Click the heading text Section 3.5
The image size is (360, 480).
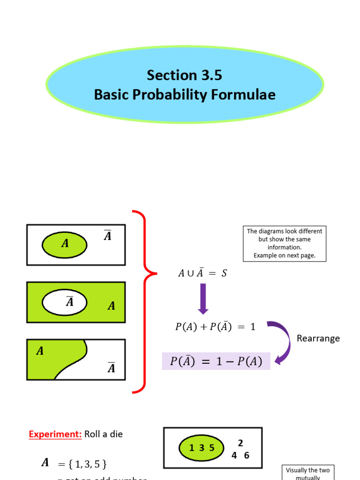(x=184, y=75)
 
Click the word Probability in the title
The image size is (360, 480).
(x=167, y=95)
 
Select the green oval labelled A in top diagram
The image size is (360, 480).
(x=65, y=244)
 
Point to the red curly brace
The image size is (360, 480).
(x=142, y=301)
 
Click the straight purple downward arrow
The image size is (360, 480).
(x=203, y=298)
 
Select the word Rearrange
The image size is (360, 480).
(x=318, y=338)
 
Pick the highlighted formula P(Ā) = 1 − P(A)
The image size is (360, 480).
(x=216, y=361)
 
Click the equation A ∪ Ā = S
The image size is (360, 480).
(x=202, y=273)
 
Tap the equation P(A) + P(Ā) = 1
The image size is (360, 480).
(x=215, y=327)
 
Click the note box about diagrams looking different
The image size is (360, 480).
(x=285, y=243)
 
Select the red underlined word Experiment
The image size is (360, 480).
(x=55, y=434)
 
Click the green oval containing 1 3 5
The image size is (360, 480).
(x=202, y=448)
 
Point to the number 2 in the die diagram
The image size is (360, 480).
(x=240, y=443)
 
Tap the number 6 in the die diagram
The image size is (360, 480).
(x=247, y=455)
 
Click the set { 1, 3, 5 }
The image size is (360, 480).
(x=82, y=465)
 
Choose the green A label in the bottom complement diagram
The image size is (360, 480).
(x=40, y=351)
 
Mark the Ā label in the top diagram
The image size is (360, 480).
(x=107, y=236)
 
